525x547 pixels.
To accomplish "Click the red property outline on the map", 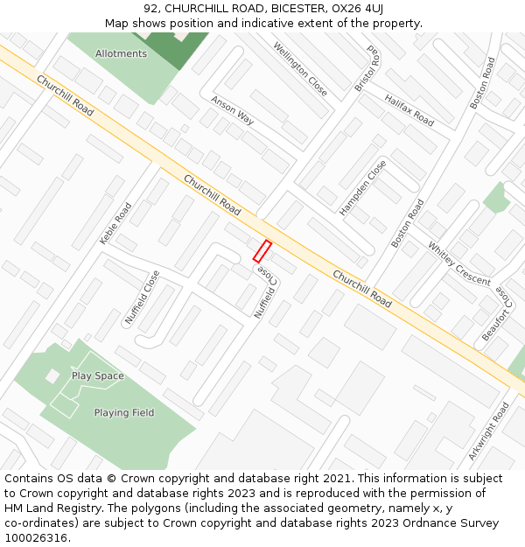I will (x=262, y=251).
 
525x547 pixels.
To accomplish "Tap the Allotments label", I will (x=121, y=54).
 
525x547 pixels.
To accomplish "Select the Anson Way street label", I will (x=232, y=111).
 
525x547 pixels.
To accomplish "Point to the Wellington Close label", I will (x=300, y=69).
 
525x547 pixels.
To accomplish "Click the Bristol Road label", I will (x=368, y=69).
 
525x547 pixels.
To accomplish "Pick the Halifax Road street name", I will (x=409, y=110).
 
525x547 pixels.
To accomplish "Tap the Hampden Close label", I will (x=362, y=188).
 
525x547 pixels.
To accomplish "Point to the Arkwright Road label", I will (x=489, y=431).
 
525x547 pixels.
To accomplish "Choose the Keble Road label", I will (x=115, y=223).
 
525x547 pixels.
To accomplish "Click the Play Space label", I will (x=98, y=376).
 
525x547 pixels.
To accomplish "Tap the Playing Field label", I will (x=124, y=413).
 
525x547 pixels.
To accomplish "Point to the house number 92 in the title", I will (x=150, y=9).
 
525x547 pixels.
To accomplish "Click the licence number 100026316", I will (x=37, y=538).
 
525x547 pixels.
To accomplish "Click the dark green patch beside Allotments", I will (x=176, y=48).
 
